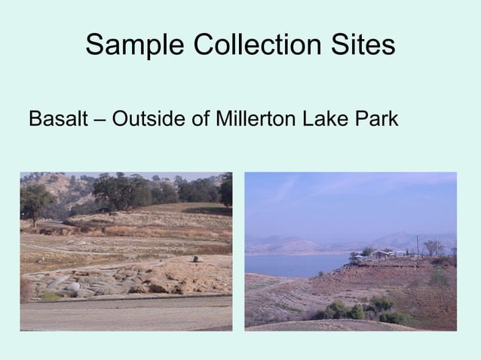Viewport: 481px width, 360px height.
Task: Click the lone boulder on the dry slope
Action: point(198,259)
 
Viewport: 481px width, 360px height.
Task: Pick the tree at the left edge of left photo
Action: point(35,201)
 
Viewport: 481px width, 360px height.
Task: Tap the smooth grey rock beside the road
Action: point(72,286)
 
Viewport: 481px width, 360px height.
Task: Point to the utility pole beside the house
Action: point(417,246)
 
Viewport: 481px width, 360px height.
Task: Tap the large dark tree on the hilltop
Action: point(121,191)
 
